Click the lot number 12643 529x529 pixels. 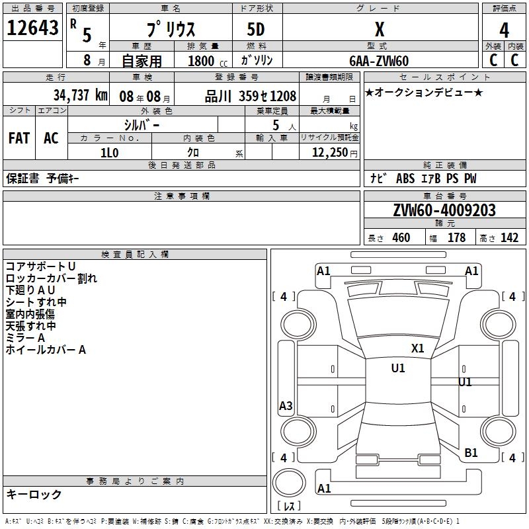[32, 28]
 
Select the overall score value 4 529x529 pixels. [504, 30]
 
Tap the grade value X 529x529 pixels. [380, 30]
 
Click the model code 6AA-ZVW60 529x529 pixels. [379, 61]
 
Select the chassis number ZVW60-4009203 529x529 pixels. [444, 210]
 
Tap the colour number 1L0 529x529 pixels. [109, 153]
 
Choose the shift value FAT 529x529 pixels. [19, 138]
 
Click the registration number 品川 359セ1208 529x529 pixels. [251, 95]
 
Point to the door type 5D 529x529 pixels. [257, 30]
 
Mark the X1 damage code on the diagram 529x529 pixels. [417, 348]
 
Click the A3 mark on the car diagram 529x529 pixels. [286, 406]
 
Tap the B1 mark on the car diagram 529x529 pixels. [471, 452]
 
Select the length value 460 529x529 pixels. [401, 238]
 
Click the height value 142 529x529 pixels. [509, 238]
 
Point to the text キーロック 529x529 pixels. [34, 494]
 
